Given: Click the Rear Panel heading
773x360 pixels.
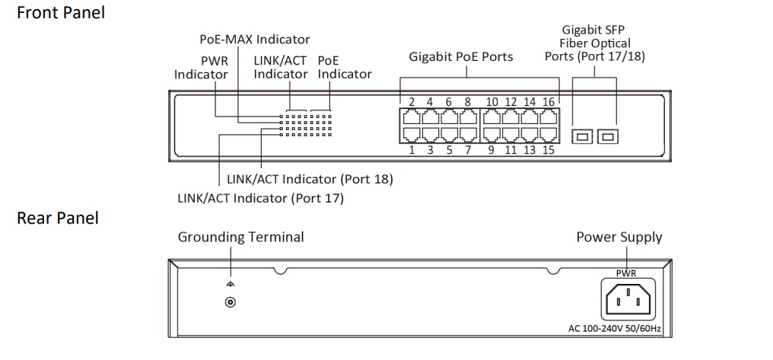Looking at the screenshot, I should click(x=58, y=218).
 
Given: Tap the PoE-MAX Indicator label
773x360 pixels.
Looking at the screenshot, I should click(x=255, y=39).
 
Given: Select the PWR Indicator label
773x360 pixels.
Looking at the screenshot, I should click(x=201, y=67).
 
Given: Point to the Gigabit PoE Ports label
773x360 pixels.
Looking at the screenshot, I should click(x=461, y=56).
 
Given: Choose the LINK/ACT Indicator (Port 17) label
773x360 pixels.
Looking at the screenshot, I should click(x=260, y=199).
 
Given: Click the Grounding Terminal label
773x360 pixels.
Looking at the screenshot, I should click(x=240, y=237).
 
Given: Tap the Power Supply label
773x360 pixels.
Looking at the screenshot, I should click(x=619, y=237).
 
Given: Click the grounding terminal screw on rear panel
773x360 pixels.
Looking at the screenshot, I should click(x=230, y=302).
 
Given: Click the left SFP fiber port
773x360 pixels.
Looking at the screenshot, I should click(x=581, y=136).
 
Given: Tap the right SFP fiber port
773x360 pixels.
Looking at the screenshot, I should click(x=608, y=136).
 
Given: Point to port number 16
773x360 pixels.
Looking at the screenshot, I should click(x=549, y=102).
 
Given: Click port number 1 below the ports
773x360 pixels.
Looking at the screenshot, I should click(x=412, y=150).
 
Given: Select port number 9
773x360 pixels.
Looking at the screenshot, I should click(x=491, y=150).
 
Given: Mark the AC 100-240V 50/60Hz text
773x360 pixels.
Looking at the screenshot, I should click(x=615, y=329).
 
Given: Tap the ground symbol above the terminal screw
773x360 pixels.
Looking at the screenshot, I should click(x=230, y=284).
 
